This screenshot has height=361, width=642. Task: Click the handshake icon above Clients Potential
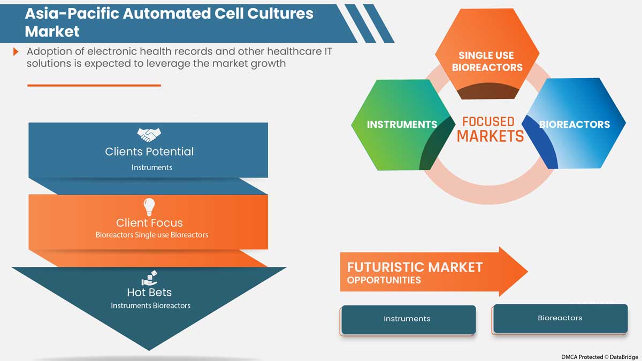click(x=149, y=134)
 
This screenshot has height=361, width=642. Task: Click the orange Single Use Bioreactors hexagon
click(x=487, y=53)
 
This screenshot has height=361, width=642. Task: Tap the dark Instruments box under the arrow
click(x=408, y=319)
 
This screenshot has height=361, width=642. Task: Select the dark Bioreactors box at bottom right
click(x=560, y=318)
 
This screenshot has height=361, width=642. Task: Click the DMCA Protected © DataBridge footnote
click(x=599, y=356)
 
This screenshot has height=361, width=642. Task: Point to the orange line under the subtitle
click(x=94, y=85)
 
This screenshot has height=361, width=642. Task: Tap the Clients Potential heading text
click(x=149, y=151)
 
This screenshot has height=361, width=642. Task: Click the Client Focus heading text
click(x=149, y=222)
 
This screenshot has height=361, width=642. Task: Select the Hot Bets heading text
click(x=149, y=293)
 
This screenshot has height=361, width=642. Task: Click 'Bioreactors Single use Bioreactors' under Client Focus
click(x=151, y=235)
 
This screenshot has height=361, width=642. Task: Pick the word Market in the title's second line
click(x=52, y=31)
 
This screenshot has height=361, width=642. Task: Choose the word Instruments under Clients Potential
click(x=152, y=167)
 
